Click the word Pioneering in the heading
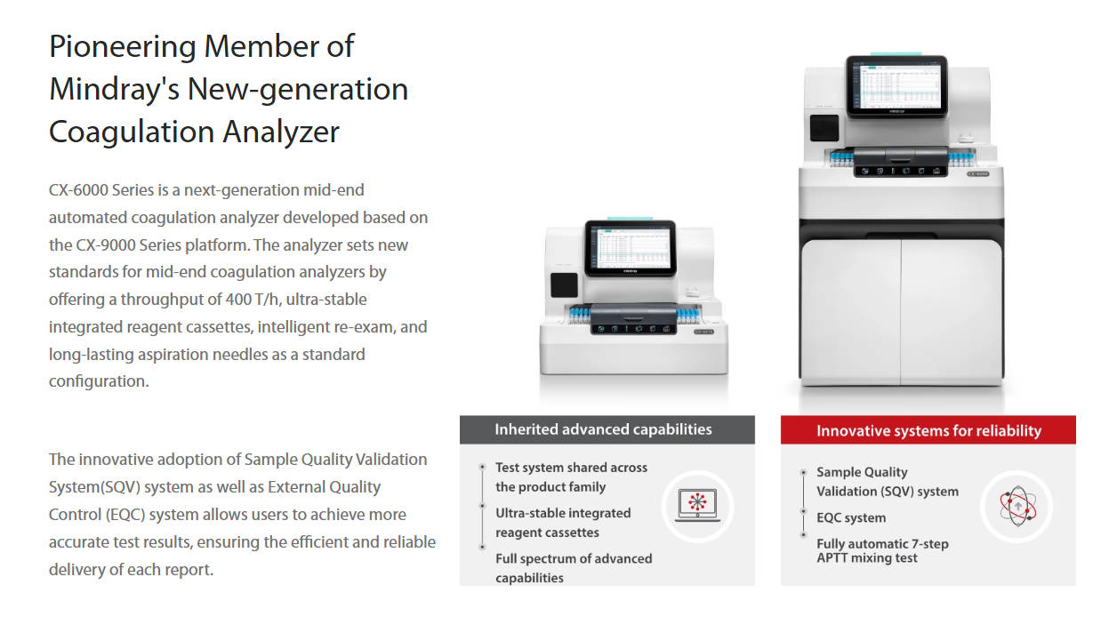122,48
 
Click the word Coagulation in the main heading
132,133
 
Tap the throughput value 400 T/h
253,299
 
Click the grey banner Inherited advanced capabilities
607,429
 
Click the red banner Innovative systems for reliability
928,430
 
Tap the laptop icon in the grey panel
697,505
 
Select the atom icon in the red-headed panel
1017,506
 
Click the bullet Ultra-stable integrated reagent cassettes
563,523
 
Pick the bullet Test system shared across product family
572,477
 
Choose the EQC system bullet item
851,517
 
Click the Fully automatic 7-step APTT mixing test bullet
882,550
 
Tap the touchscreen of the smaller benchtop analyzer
631,248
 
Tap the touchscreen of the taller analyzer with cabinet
896,86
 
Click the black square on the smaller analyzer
564,284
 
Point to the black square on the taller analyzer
824,128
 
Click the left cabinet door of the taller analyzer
851,311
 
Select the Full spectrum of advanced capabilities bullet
574,568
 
